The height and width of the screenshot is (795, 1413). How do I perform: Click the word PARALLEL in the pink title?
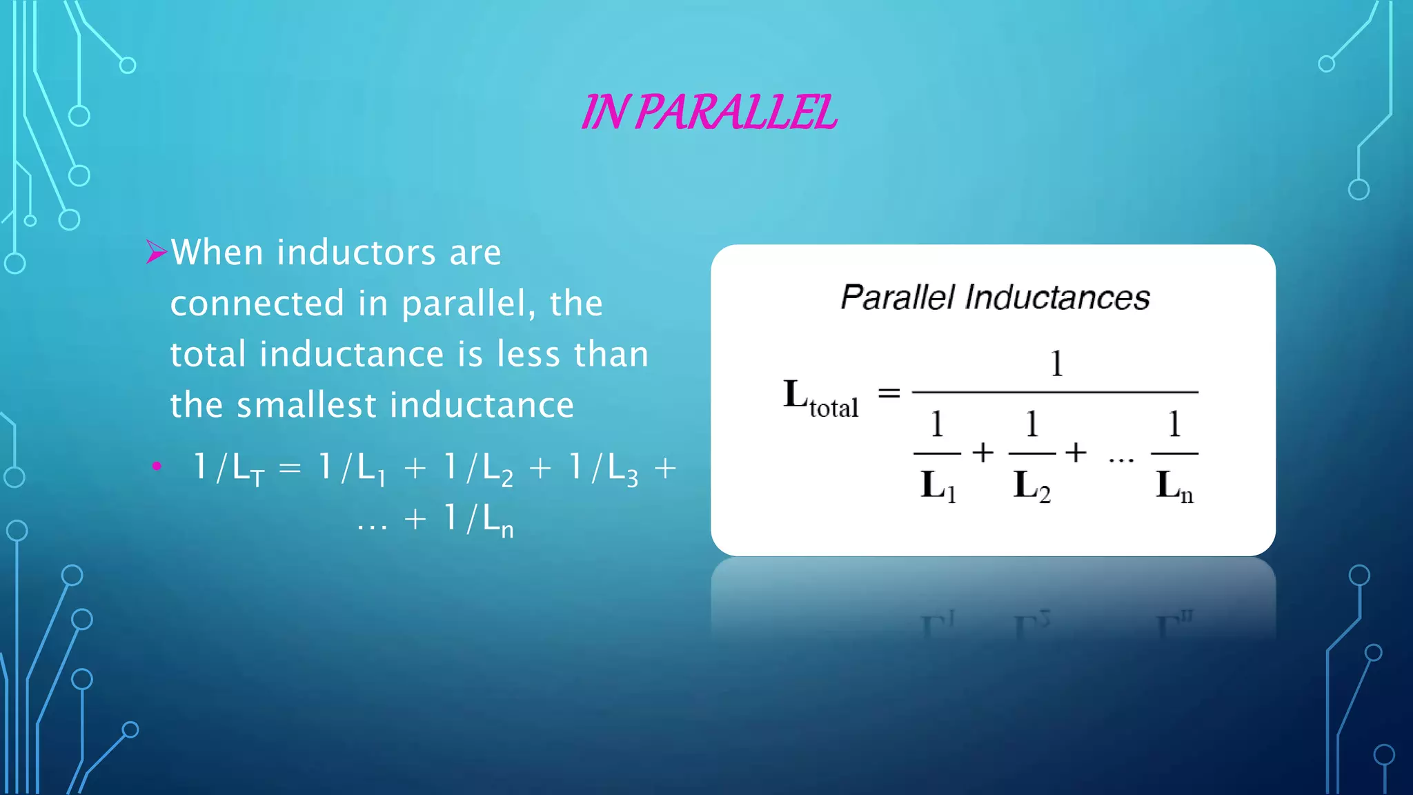[x=735, y=112]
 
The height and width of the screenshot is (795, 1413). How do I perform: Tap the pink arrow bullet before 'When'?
[x=157, y=252]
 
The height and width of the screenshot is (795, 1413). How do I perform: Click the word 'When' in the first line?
[x=217, y=252]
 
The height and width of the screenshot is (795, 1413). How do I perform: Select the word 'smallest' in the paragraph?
[x=305, y=405]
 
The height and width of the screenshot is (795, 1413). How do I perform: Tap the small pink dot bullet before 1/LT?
[x=157, y=467]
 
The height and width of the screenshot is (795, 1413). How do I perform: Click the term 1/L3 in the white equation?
[x=603, y=469]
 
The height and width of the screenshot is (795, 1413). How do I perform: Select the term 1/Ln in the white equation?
[x=479, y=519]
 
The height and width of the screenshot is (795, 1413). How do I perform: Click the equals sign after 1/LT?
[x=290, y=469]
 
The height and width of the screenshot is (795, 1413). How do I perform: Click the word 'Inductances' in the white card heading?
[x=1057, y=298]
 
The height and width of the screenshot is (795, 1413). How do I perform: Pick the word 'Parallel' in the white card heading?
[x=898, y=298]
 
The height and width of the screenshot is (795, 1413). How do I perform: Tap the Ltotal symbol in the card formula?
[x=820, y=397]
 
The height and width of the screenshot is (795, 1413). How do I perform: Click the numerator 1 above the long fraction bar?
[x=1056, y=363]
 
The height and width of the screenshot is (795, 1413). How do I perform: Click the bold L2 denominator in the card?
[x=1031, y=485]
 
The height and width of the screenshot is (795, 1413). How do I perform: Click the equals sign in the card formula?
[x=889, y=393]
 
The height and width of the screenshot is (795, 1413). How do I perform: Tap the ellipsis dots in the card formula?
[x=1121, y=459]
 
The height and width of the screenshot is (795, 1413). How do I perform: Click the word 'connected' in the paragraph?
[x=257, y=303]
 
